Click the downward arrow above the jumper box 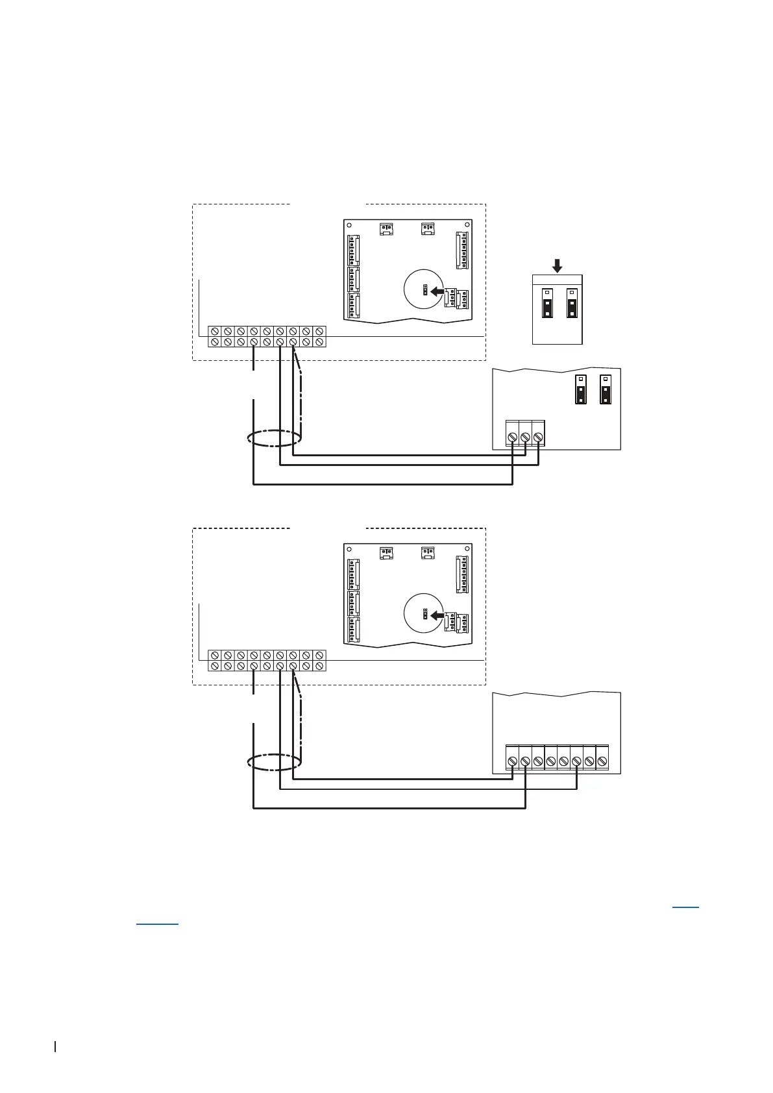click(x=557, y=265)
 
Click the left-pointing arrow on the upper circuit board click(x=438, y=291)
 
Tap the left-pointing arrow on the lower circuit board click(x=438, y=615)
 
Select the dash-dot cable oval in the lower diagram click(x=275, y=762)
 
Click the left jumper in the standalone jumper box click(x=547, y=303)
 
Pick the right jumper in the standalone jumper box click(x=572, y=303)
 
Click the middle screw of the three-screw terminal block click(x=525, y=437)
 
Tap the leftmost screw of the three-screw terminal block click(x=512, y=437)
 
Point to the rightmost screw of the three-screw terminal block click(x=538, y=437)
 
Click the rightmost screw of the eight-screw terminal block click(x=602, y=761)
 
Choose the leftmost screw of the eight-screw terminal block click(x=512, y=761)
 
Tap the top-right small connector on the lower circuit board click(x=428, y=552)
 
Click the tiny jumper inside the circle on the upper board click(x=424, y=289)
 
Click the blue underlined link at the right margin click(x=685, y=906)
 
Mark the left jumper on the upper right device click(x=581, y=390)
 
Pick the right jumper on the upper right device click(x=605, y=390)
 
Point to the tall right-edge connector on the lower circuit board click(x=462, y=574)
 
